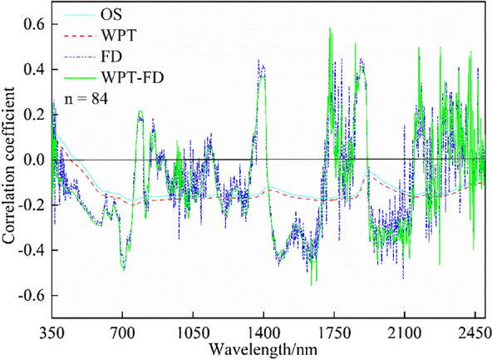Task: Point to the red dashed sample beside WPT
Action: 75,37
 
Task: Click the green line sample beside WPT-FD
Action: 75,79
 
